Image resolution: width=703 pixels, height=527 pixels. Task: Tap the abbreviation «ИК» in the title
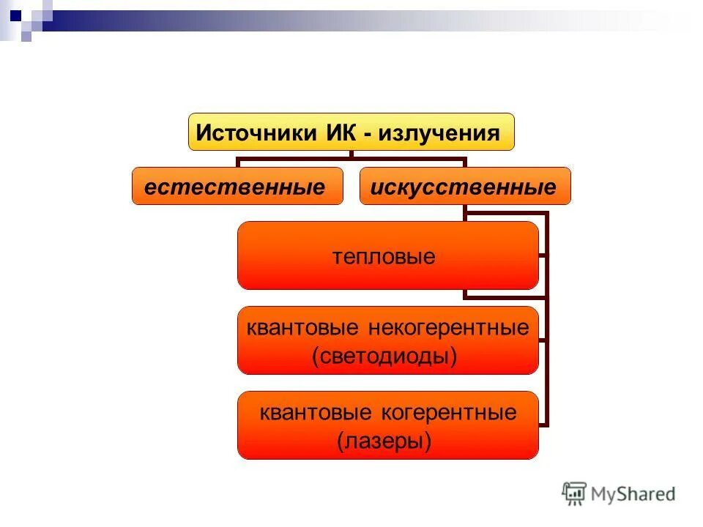[x=337, y=133]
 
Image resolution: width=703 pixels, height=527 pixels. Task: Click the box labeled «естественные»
[x=237, y=186]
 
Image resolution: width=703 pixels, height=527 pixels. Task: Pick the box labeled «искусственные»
[x=464, y=186]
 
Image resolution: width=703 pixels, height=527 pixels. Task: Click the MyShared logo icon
[x=574, y=493]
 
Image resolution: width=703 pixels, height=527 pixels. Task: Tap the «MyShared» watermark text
[x=633, y=494]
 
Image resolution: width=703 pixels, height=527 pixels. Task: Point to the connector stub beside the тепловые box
[x=543, y=255]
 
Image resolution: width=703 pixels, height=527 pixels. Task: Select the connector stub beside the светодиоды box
[x=543, y=340]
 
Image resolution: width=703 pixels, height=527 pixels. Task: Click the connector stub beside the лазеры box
[x=543, y=424]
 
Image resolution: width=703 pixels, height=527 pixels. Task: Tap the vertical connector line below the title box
[x=351, y=154]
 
